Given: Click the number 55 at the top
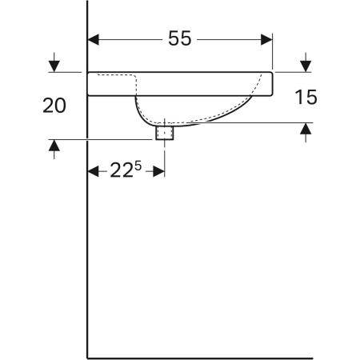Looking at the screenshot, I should coord(180,38).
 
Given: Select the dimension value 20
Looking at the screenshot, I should coord(54,106).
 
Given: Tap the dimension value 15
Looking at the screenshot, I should coord(306,98).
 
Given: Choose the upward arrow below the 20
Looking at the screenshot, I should coord(54,147).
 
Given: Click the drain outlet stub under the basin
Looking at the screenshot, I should coord(166,132).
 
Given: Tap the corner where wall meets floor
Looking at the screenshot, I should coord(87,358).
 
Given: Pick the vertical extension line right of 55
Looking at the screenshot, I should coord(273,51).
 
